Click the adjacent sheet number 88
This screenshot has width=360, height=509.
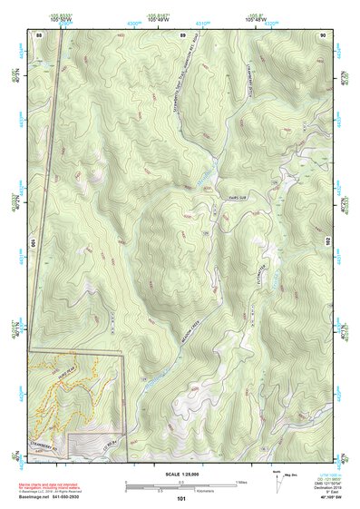point(39,34)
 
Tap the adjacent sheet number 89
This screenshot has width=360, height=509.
point(182,34)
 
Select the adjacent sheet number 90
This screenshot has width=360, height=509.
point(323,34)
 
